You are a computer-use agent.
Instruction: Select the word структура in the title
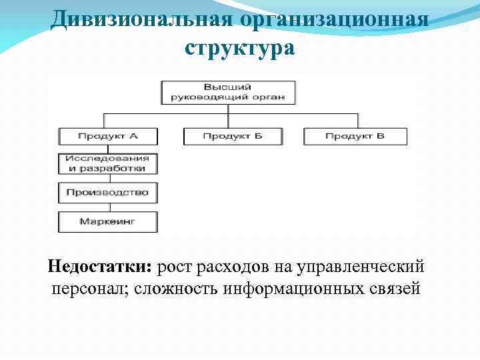point(239,49)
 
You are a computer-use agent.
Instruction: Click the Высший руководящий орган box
point(228,92)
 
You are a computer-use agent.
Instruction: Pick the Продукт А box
point(108,136)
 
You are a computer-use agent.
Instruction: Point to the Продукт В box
point(355,136)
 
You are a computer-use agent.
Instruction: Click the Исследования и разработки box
point(108,164)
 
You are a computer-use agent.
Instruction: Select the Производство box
point(108,193)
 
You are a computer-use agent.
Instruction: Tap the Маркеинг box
point(108,221)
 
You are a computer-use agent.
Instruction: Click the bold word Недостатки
point(100,267)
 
